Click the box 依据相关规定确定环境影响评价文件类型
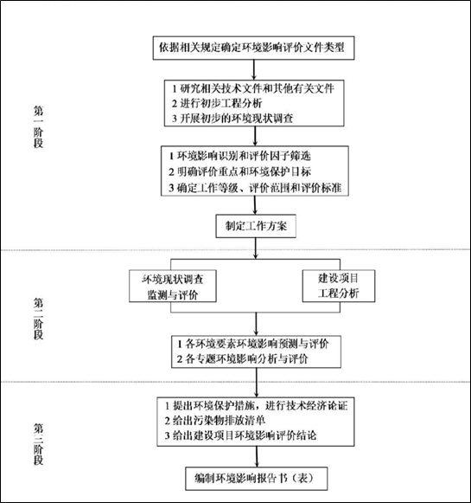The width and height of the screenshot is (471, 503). coord(253,48)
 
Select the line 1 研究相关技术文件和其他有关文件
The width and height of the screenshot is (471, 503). coord(253,88)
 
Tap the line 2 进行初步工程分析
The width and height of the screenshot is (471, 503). coord(217,103)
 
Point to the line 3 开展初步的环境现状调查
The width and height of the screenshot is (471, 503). coord(232,119)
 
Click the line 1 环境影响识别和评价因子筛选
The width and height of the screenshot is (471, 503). coord(240,156)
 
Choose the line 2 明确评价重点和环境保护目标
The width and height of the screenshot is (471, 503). coord(240,171)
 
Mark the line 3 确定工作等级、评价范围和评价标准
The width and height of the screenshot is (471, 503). coord(255,188)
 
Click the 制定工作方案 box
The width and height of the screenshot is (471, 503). coord(256,226)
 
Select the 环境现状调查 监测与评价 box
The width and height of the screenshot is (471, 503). coord(173,287)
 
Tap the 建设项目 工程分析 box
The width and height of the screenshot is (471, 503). coord(339,286)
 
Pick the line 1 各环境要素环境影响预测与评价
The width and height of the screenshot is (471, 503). coord(253,344)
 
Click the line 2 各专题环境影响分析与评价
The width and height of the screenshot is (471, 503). coord(242,358)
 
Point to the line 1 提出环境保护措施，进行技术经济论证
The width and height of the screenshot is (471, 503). coord(256,405)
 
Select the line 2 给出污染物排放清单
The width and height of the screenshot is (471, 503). coord(215,420)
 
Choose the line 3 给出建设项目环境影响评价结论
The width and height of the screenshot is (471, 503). coord(240,435)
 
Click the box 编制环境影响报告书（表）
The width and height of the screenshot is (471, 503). coord(257,479)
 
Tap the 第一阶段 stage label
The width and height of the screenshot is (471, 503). coord(38,126)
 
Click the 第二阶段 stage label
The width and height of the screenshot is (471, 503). coord(38,319)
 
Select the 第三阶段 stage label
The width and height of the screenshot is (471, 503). coord(38,444)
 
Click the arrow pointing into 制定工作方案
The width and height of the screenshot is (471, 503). coord(255,205)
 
